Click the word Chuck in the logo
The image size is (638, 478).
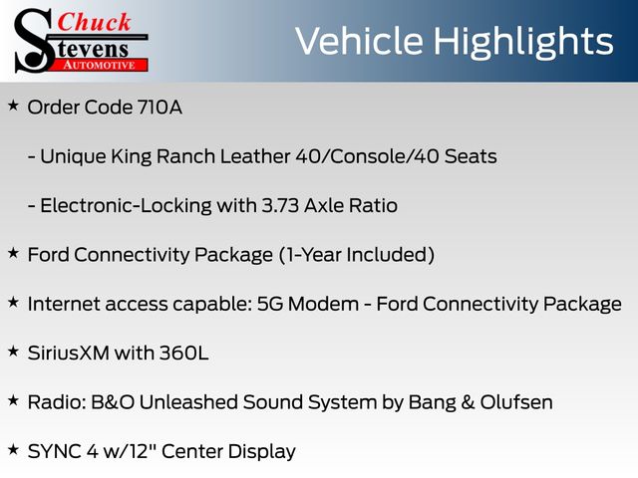94,22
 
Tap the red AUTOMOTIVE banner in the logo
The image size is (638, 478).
100,65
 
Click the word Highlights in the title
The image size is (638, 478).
522,43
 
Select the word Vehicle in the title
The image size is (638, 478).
359,41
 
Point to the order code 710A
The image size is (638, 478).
159,108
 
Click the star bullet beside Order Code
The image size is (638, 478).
13,106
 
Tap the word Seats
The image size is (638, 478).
471,156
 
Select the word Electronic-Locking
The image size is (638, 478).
126,206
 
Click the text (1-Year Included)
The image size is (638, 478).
357,255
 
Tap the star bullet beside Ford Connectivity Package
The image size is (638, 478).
13,253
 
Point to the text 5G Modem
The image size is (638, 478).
308,304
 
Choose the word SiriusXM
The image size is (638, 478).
69,353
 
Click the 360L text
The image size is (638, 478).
183,353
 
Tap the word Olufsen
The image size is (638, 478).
516,402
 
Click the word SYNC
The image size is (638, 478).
54,451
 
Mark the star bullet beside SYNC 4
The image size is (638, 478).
13,449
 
